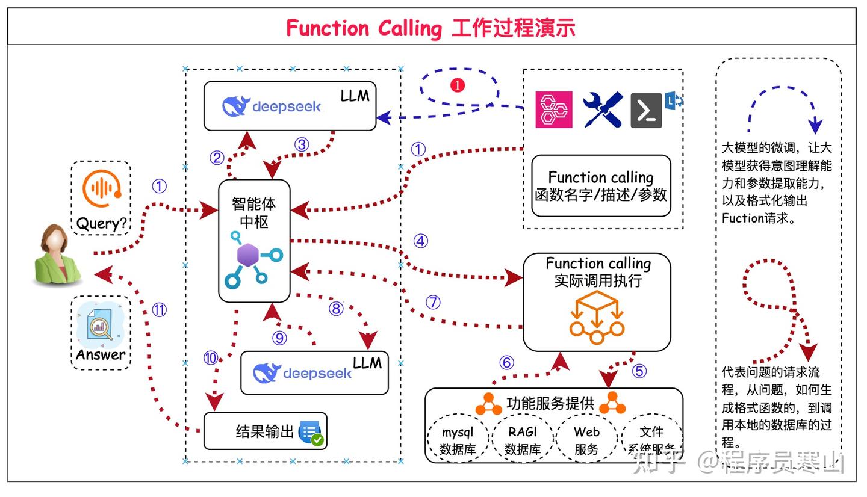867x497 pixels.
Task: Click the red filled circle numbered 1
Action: (x=458, y=85)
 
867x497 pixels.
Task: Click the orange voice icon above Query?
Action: (x=101, y=188)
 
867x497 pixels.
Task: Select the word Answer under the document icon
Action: (x=101, y=354)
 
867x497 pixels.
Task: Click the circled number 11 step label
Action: (x=159, y=310)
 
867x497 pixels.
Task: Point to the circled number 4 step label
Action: (x=420, y=241)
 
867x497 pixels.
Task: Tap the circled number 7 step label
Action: (x=433, y=302)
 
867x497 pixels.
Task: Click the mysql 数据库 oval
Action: (x=458, y=440)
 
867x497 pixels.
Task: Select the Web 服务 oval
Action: (x=586, y=440)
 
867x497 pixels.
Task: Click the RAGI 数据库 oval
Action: (x=522, y=440)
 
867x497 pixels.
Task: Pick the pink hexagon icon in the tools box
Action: (x=553, y=110)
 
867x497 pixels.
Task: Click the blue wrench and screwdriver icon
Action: (x=602, y=110)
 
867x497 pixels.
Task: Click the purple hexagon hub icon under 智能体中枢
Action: (x=248, y=255)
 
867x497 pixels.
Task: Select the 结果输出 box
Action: (x=265, y=431)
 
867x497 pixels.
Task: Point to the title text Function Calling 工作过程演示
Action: (x=430, y=28)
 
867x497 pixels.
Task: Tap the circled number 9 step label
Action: (x=279, y=338)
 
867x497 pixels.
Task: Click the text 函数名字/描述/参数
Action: (x=601, y=195)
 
